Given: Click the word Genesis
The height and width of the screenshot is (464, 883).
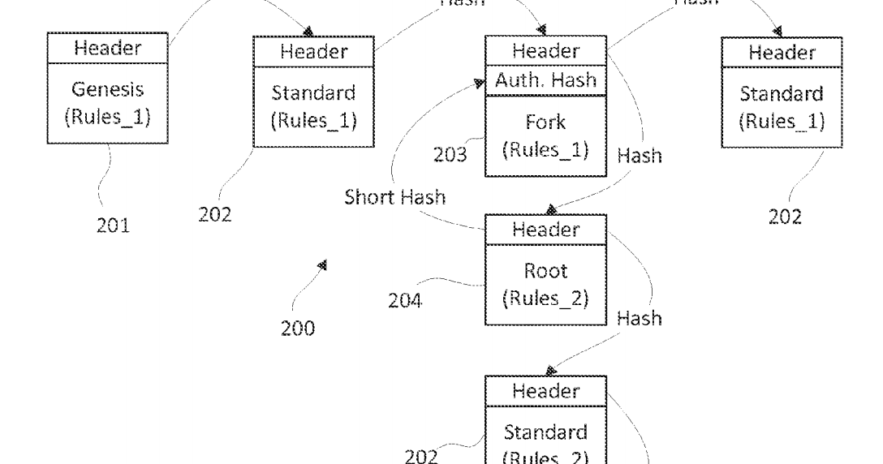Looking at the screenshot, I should point(107,88).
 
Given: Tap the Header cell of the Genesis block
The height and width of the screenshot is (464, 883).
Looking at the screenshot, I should point(107,48).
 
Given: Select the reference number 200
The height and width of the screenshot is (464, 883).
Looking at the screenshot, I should point(298,329).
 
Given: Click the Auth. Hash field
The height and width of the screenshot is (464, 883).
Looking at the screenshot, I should point(546,80).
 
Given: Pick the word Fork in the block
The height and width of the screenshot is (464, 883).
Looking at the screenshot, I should point(545,124).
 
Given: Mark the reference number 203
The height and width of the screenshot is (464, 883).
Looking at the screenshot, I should point(449,154).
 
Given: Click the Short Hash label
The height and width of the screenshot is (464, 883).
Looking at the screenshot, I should point(394,198).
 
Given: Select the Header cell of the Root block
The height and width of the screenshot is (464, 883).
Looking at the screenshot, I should point(545,230).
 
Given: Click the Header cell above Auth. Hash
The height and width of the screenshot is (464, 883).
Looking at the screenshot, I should point(545,51).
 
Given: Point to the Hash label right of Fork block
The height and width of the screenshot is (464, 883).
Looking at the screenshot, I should point(640,155).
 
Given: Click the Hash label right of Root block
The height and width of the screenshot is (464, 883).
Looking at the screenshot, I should point(640,319).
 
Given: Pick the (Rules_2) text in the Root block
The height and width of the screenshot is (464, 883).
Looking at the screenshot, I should point(545,298).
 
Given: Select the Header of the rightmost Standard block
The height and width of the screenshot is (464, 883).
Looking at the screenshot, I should point(782,53).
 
